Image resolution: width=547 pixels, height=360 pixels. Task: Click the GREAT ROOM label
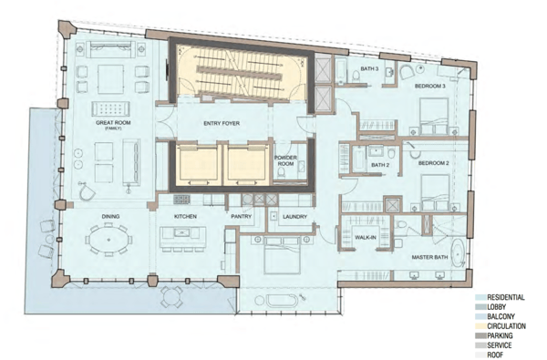113,122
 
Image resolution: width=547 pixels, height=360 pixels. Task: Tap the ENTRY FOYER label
222,123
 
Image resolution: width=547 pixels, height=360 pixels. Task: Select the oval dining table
108,240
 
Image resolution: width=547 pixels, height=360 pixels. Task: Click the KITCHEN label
185,217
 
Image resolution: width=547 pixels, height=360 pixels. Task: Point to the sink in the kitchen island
181,232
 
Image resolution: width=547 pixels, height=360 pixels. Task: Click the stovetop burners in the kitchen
181,200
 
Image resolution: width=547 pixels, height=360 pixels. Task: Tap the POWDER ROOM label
285,160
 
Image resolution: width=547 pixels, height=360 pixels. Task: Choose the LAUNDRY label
294,217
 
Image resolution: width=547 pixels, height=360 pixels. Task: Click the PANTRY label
241,217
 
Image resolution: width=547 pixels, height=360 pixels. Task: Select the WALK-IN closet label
366,238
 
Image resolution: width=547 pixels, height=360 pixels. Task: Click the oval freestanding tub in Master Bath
458,252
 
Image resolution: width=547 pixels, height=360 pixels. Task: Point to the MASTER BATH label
429,257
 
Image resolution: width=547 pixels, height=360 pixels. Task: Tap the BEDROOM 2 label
434,163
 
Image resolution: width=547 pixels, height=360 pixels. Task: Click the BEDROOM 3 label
430,86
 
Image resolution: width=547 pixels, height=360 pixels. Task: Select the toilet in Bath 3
356,76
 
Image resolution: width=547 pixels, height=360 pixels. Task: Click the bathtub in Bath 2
358,159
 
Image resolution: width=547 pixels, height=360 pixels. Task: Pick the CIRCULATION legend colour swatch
480,326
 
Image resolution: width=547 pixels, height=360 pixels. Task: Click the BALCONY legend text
501,317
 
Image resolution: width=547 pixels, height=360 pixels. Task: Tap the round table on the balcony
171,297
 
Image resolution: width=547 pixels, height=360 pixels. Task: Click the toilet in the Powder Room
281,172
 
